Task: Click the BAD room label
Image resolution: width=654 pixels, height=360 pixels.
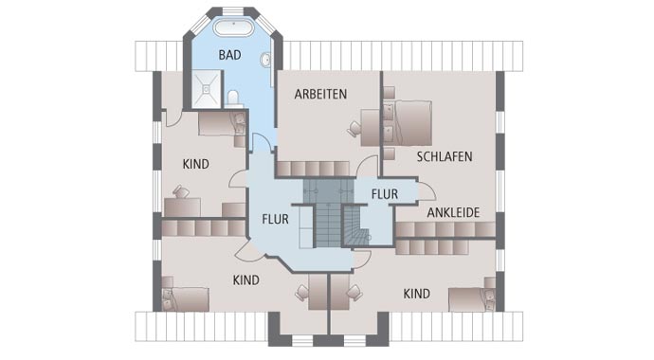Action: tap(229, 55)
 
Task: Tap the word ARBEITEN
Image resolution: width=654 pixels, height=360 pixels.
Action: tap(320, 94)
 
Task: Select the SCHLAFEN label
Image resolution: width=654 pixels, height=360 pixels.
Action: tap(444, 156)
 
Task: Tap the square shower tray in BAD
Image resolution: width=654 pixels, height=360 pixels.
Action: tap(202, 88)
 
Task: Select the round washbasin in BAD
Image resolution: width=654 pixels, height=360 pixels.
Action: tap(265, 60)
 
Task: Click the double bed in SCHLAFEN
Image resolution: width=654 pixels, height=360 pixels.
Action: tap(409, 121)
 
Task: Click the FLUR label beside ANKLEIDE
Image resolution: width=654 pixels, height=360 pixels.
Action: tap(384, 194)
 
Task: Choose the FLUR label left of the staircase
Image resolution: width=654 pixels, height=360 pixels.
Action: tap(275, 220)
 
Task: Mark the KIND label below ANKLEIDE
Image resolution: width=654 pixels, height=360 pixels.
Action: tap(417, 294)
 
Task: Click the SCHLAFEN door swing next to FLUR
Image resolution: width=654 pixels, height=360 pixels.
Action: tap(366, 166)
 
